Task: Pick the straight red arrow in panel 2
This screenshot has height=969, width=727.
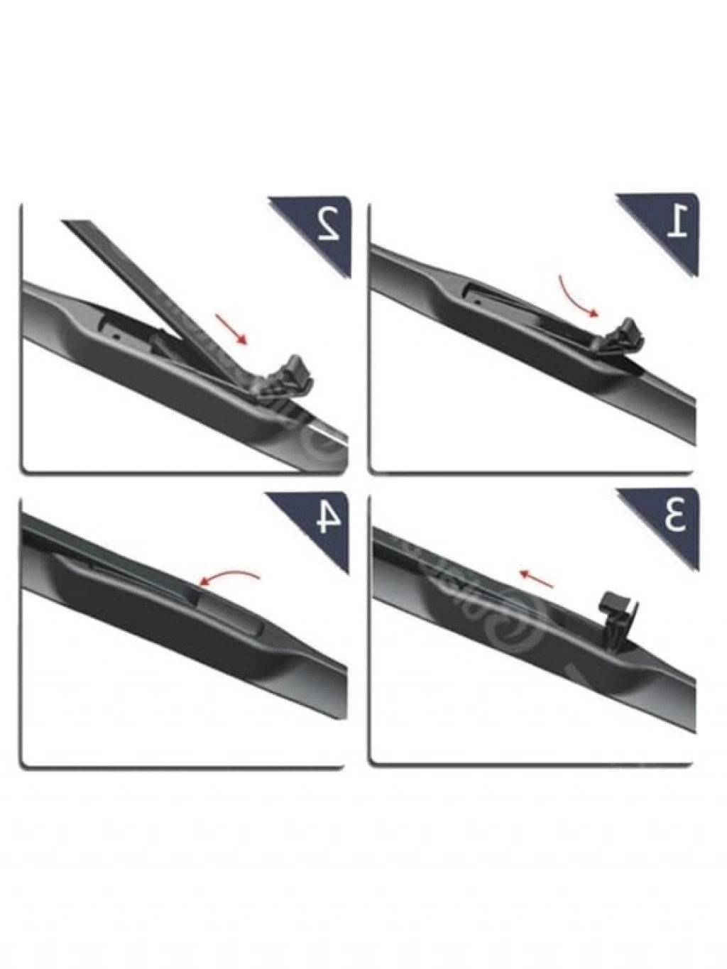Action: (x=231, y=328)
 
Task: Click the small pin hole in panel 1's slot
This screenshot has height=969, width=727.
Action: (x=478, y=302)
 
